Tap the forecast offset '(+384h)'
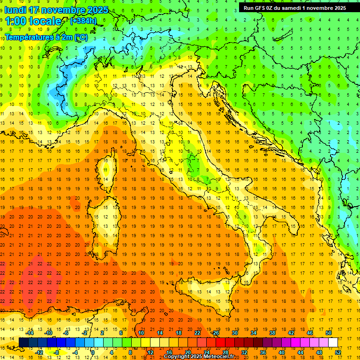pyautogui.click(x=83, y=21)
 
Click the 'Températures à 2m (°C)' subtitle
pyautogui.click(x=46, y=36)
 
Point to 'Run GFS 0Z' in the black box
pyautogui.click(x=259, y=8)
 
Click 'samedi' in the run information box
pyautogui.click(x=291, y=8)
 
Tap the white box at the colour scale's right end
pyautogui.click(x=333, y=342)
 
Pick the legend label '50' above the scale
pyautogui.click(x=328, y=333)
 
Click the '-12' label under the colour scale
pyautogui.click(x=39, y=352)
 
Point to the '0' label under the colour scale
pyautogui.click(x=93, y=352)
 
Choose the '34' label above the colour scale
pyautogui.click(x=253, y=333)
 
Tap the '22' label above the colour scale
pyautogui.click(x=197, y=333)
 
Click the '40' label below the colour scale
pyautogui.click(x=282, y=352)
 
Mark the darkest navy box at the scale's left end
pyautogui.click(x=23, y=342)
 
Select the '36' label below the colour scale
pyautogui.click(x=263, y=352)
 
